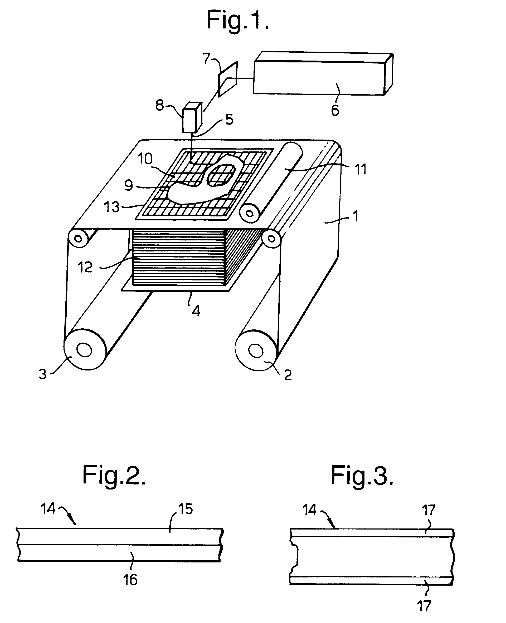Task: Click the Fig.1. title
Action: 237,20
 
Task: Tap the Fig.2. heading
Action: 114,475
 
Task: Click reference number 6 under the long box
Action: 335,110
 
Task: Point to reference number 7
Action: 206,58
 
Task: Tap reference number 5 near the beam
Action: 229,120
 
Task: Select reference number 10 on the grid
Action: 145,159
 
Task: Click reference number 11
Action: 361,169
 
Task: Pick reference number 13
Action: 112,207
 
